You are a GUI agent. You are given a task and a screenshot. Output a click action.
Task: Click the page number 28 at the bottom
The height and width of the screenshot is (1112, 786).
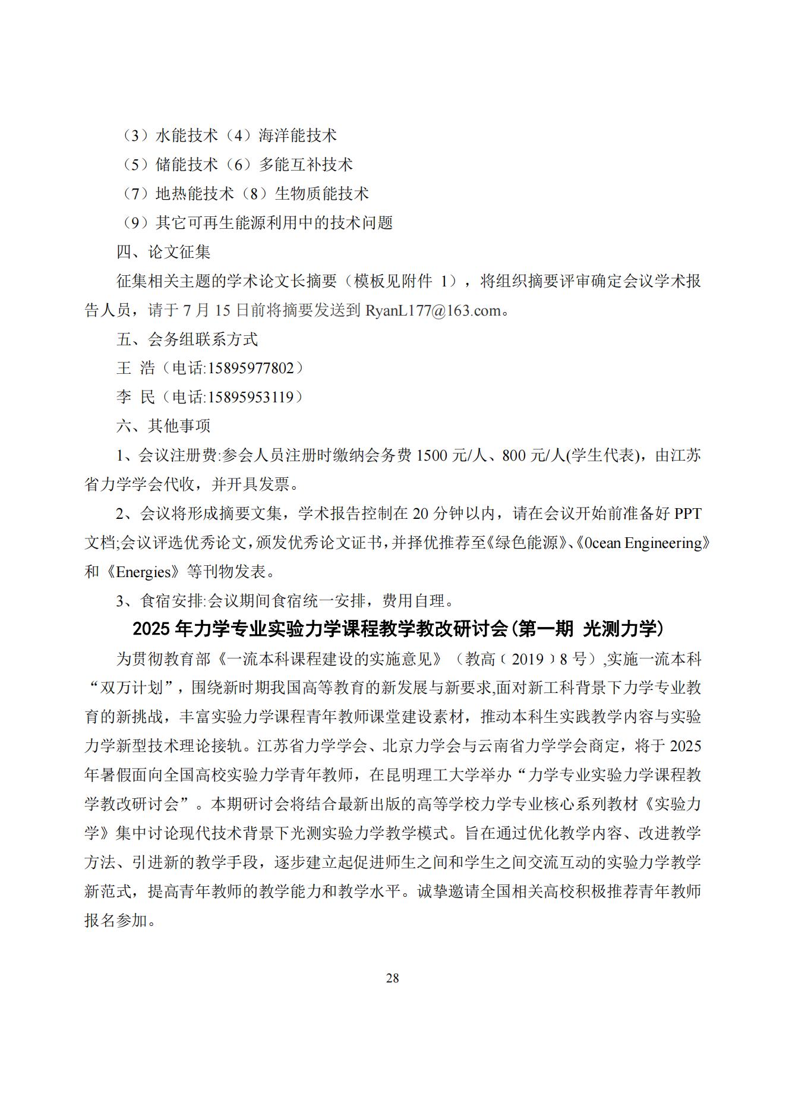392,978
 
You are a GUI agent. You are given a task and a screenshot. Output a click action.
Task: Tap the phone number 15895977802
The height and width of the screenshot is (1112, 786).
250,368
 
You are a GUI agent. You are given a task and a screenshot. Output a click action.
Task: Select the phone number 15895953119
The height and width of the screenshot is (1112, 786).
250,397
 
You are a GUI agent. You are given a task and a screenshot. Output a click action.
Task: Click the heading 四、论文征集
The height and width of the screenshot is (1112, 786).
163,252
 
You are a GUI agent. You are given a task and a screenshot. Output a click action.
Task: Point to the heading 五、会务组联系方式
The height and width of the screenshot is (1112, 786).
187,339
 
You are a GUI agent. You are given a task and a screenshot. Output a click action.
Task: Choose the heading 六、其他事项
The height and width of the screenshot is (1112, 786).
163,426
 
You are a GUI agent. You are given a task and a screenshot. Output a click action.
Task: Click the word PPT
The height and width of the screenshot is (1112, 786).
687,514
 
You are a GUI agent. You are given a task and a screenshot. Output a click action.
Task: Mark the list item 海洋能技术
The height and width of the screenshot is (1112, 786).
298,136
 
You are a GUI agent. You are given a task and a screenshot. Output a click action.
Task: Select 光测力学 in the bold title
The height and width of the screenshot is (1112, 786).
624,629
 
